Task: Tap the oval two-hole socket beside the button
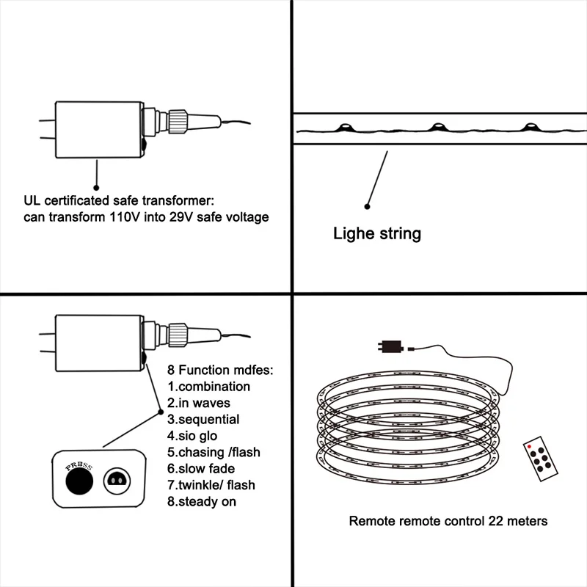click(117, 481)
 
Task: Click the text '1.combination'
click(209, 386)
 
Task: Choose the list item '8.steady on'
click(202, 501)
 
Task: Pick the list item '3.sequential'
click(203, 420)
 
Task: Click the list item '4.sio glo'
click(192, 436)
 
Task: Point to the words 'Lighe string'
click(377, 234)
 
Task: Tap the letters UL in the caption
click(32, 200)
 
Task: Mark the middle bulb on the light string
click(437, 127)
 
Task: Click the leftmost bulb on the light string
click(343, 128)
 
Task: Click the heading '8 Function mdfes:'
click(220, 371)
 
